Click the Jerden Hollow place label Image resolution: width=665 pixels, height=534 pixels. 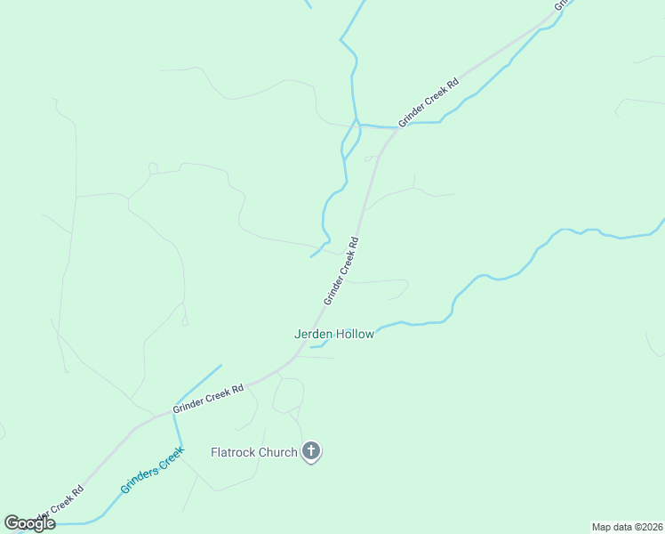[x=334, y=335]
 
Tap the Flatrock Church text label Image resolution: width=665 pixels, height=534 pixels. [x=253, y=452]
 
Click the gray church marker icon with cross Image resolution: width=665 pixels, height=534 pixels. [x=311, y=452]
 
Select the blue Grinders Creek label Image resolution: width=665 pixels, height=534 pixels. [x=153, y=471]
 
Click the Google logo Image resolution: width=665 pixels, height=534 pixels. [x=29, y=523]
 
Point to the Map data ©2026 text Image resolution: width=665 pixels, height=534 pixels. [x=627, y=526]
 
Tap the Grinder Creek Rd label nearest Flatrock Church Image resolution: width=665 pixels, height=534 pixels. [x=208, y=397]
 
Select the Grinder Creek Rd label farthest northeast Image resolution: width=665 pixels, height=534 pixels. [x=429, y=102]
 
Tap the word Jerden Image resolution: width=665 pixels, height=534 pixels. [x=313, y=335]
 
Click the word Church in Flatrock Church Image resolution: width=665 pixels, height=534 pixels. [x=278, y=452]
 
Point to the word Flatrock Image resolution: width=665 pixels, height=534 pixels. [x=234, y=452]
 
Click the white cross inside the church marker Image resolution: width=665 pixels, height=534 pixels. [x=311, y=450]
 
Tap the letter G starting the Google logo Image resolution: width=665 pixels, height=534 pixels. [x=12, y=523]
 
